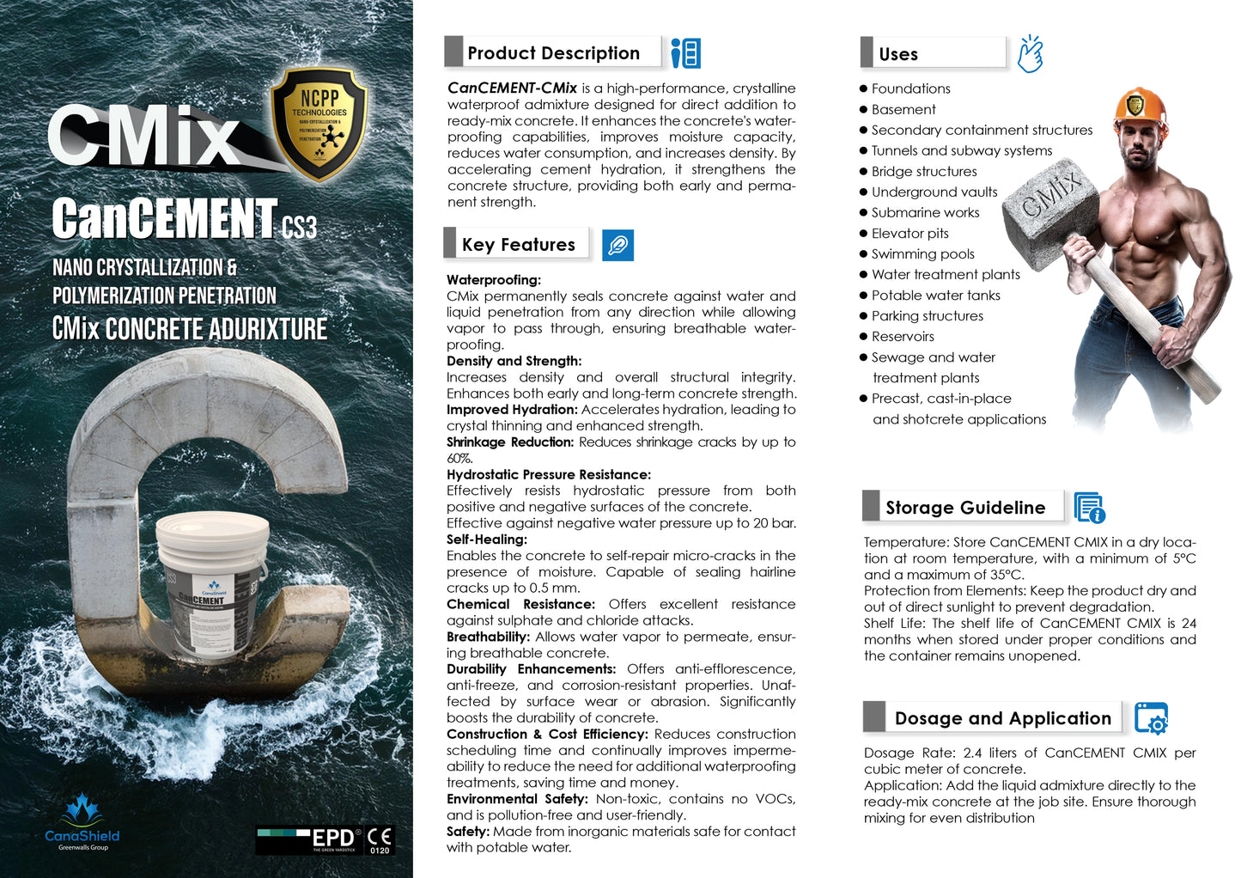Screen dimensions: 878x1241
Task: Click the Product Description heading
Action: click(x=553, y=53)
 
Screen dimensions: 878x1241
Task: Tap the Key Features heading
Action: click(x=518, y=245)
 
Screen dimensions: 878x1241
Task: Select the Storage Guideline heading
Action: click(x=965, y=508)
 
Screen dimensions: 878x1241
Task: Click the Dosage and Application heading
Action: click(x=1002, y=718)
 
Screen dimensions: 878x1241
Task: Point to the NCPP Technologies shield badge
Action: click(x=319, y=123)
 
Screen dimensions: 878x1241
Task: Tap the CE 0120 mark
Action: click(x=380, y=839)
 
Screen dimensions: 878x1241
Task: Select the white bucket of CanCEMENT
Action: click(x=211, y=585)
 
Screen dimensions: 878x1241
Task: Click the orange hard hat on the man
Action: click(x=1141, y=107)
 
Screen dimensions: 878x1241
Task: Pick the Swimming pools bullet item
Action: click(x=922, y=254)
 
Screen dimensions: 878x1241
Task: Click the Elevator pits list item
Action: click(x=909, y=234)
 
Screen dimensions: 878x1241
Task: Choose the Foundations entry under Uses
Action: click(x=910, y=88)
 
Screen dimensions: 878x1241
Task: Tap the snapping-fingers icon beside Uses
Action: click(x=1030, y=54)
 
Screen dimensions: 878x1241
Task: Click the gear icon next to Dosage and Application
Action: click(x=1152, y=718)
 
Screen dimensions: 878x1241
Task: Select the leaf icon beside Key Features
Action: click(x=617, y=246)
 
